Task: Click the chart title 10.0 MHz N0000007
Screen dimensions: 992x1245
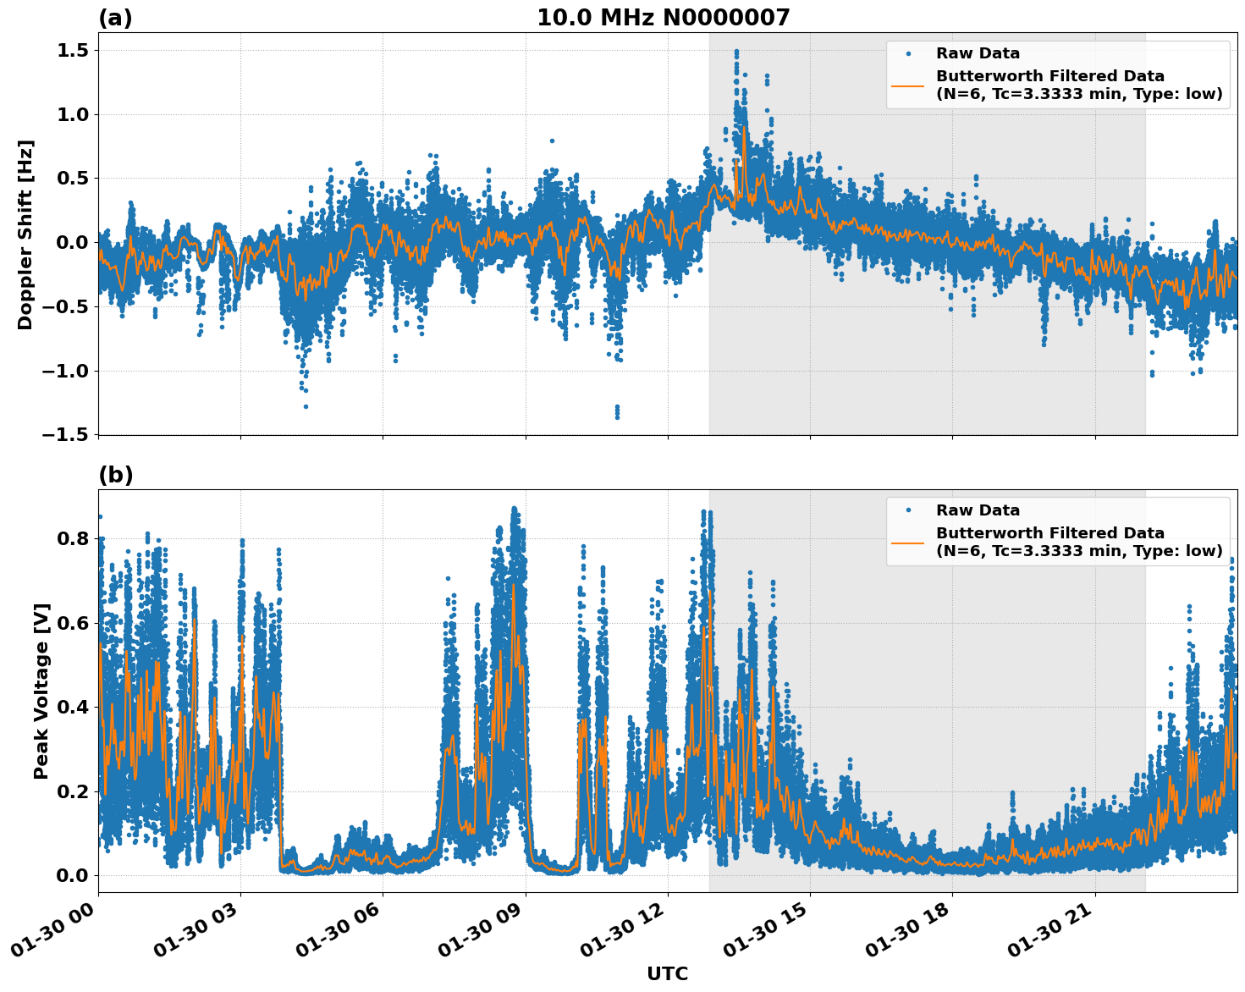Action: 663,18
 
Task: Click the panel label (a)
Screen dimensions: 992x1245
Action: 115,18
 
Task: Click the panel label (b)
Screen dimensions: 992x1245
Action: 115,475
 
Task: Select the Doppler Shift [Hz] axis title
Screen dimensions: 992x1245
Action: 25,234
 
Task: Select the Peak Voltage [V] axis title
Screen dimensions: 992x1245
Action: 41,691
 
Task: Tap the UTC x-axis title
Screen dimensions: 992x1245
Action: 667,973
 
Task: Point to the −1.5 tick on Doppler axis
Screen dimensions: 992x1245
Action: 66,435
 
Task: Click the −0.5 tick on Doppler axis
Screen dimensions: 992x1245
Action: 66,306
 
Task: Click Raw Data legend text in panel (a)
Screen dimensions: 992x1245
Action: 978,53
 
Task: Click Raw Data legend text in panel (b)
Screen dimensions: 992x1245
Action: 978,510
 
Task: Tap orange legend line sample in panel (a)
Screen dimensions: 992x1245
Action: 908,85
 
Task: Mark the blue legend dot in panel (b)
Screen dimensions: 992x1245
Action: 908,510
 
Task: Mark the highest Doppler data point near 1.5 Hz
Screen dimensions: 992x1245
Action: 736,52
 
